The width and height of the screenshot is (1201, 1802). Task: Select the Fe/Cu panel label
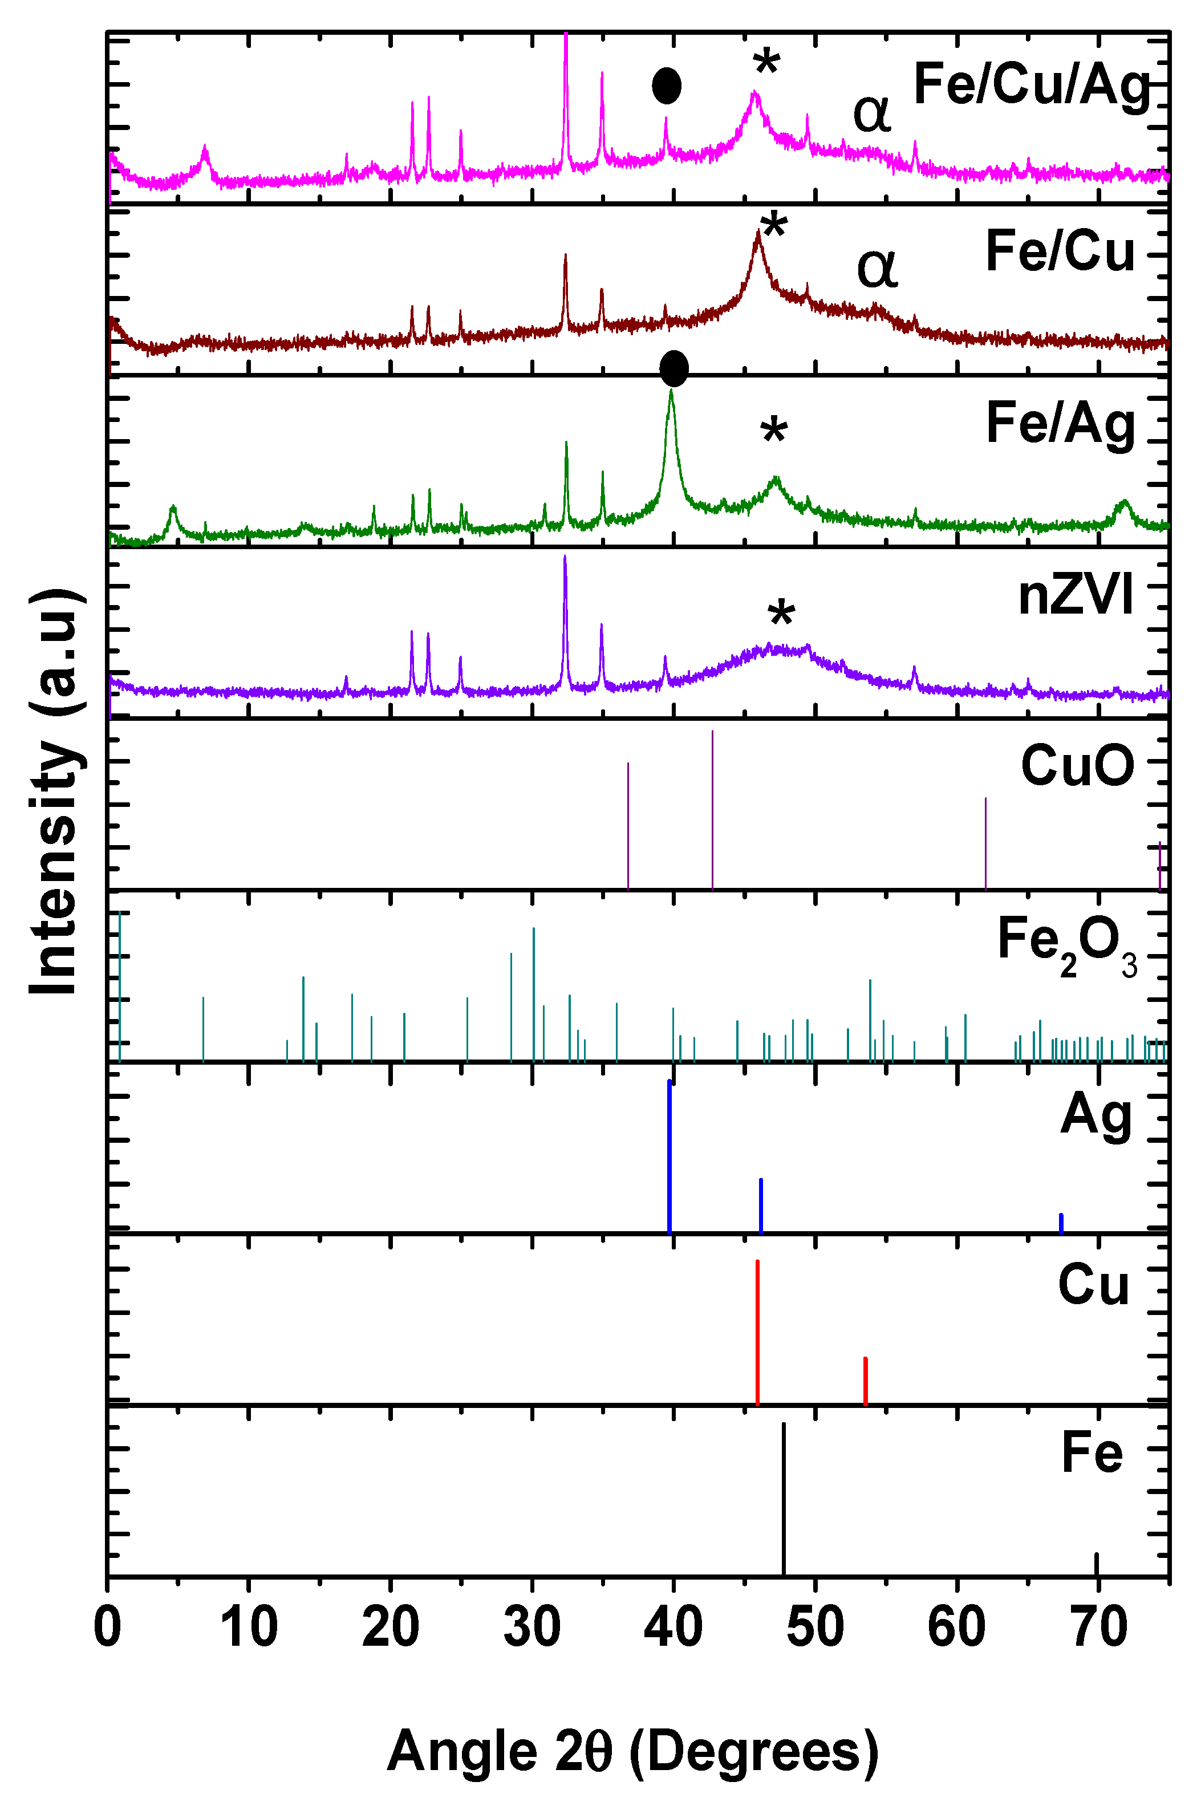(1060, 252)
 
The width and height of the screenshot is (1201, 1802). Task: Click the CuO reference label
(1077, 766)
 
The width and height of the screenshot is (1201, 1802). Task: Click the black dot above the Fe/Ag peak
(673, 369)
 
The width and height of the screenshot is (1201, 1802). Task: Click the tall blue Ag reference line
(670, 1156)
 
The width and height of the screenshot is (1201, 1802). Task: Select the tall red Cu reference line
(757, 1333)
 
